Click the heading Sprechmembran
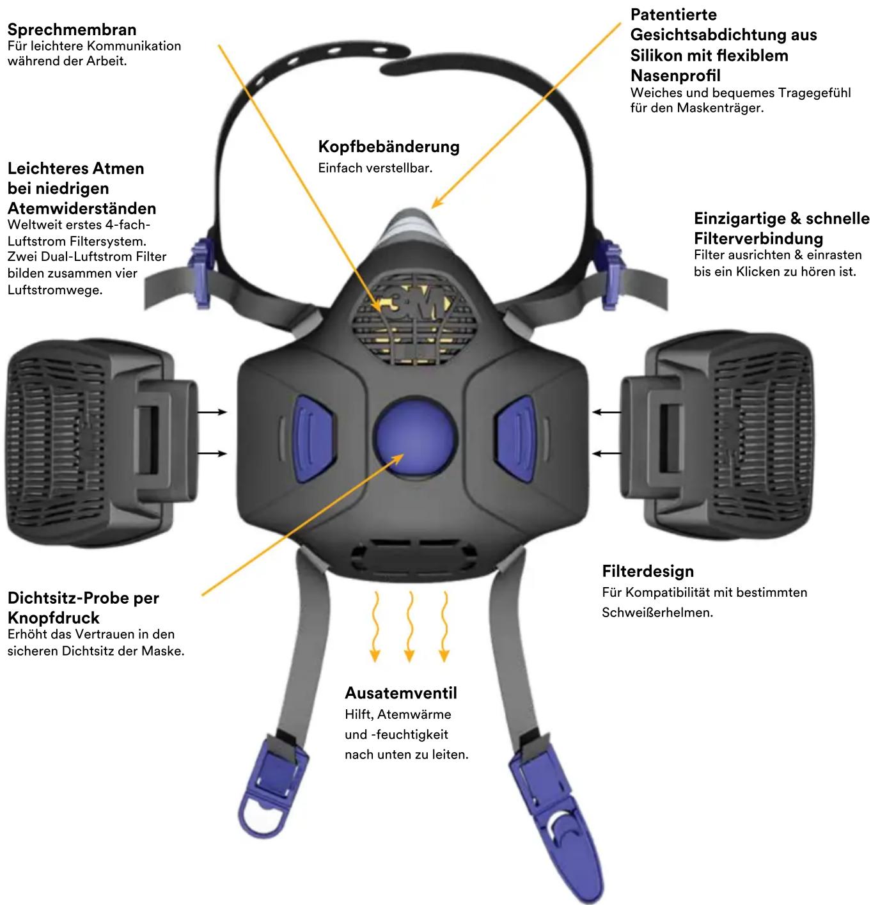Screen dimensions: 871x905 72,30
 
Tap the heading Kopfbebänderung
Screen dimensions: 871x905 389,146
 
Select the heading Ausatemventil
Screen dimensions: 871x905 401,693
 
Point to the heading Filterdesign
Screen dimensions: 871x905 648,571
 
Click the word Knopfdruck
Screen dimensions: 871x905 54,618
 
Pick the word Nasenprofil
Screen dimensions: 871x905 675,75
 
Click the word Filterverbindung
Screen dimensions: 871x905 758,239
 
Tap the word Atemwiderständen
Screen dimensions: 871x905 82,209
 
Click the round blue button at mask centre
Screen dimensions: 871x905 415,437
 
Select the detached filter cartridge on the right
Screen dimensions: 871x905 717,435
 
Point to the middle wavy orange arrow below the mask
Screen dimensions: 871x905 409,626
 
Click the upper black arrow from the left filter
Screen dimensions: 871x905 212,412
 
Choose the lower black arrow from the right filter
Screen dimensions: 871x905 606,453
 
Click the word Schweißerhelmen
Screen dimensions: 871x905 657,613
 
